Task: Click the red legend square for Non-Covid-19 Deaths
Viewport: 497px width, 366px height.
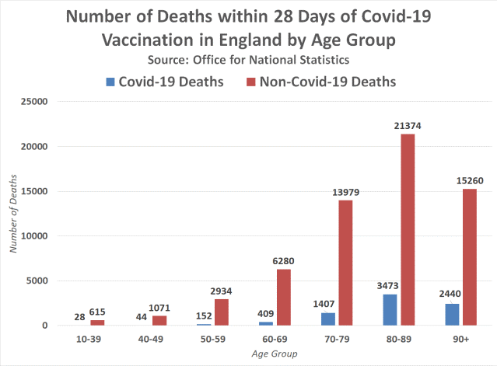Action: tap(251, 80)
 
